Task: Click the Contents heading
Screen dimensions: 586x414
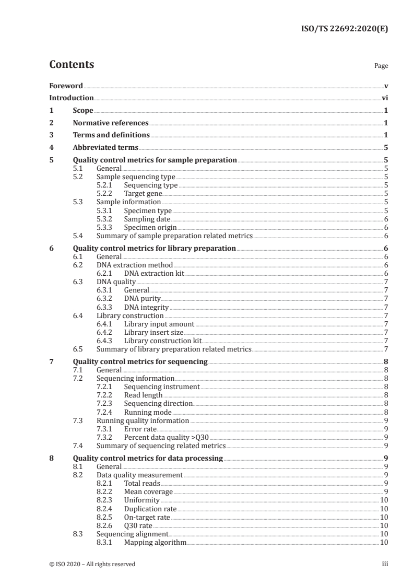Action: (x=72, y=65)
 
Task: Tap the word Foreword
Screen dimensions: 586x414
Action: (x=66, y=86)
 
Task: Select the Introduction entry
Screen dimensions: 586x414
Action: (x=72, y=98)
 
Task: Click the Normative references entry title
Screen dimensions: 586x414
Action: (x=111, y=123)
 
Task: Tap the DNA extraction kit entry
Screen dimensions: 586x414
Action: (x=154, y=273)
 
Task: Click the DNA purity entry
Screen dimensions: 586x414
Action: (x=142, y=299)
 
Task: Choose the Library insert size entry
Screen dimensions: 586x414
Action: (x=153, y=332)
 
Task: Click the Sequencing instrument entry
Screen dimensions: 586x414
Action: (x=162, y=387)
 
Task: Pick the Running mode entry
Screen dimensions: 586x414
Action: (x=146, y=412)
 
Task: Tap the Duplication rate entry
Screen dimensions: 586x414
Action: (x=150, y=509)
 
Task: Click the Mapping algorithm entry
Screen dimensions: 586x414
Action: (x=155, y=543)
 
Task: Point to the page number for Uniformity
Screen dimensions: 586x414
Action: (x=383, y=500)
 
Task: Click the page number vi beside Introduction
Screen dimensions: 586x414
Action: (x=384, y=98)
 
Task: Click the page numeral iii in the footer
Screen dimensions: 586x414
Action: (x=385, y=564)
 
